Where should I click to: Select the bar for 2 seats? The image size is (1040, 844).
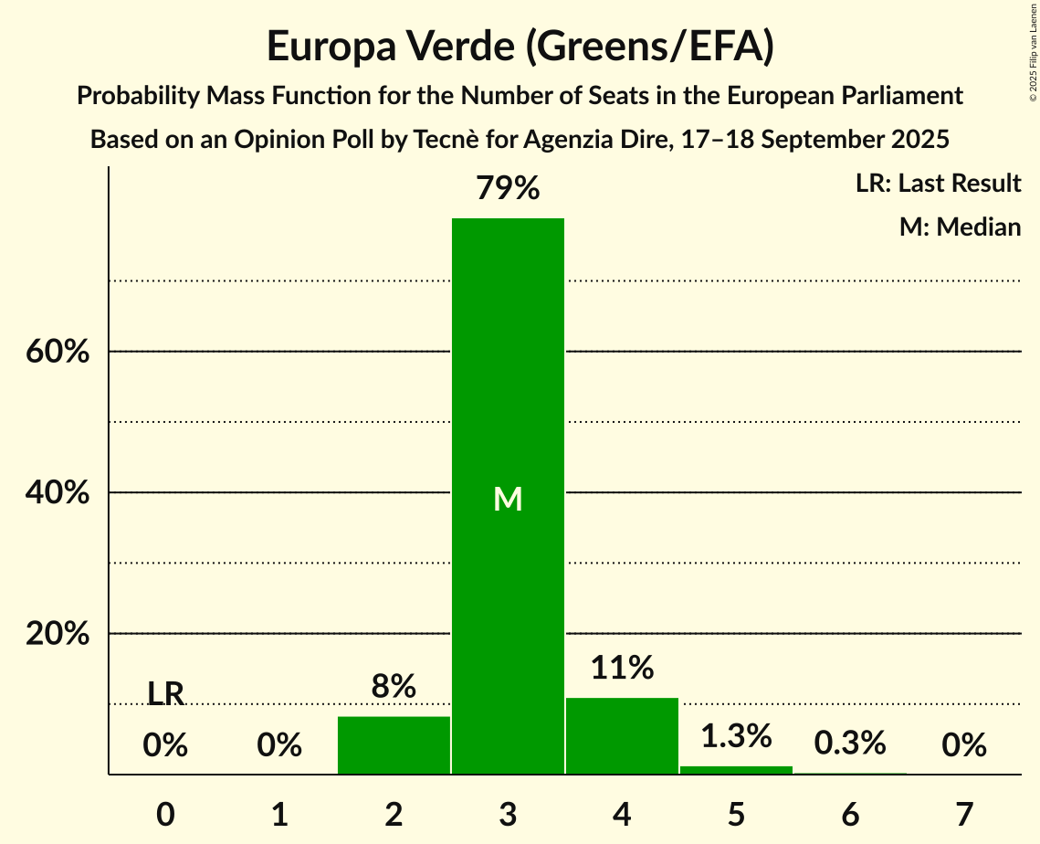(x=394, y=745)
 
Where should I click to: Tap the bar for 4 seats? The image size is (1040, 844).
(x=622, y=735)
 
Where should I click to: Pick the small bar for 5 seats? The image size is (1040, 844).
(x=736, y=770)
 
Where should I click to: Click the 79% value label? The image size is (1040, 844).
(x=508, y=189)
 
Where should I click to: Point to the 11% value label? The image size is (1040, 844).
(x=622, y=668)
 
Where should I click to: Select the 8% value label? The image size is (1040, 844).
(x=394, y=686)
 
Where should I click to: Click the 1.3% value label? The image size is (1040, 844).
(x=736, y=735)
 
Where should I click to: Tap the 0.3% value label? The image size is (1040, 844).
(x=850, y=743)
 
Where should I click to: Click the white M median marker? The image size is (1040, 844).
(x=508, y=499)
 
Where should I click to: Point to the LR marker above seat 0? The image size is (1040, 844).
(x=165, y=694)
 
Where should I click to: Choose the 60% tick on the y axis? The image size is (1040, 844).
(x=58, y=352)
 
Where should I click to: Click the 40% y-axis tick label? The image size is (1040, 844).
(x=58, y=492)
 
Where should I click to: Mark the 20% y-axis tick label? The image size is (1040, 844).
(x=58, y=633)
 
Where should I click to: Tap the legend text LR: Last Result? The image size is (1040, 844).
(x=938, y=184)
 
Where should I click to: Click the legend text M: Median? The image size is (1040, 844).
(x=960, y=227)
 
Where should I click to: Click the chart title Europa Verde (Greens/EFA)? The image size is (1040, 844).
(x=520, y=47)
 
